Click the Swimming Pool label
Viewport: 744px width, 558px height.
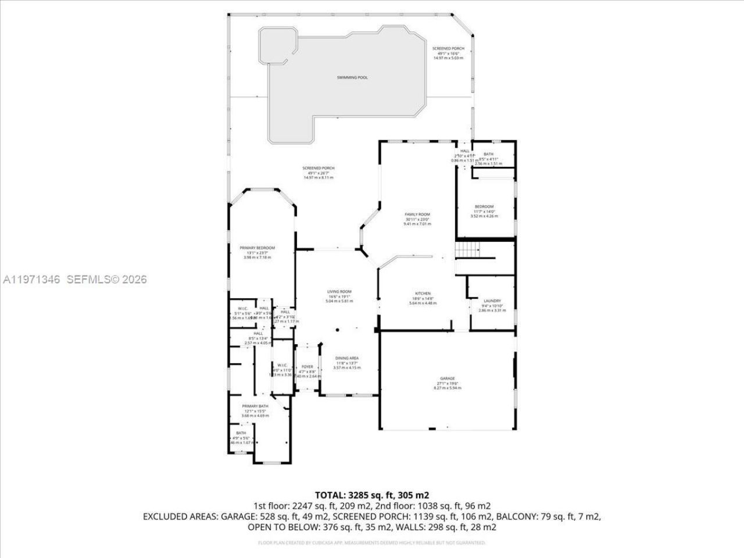(x=352, y=77)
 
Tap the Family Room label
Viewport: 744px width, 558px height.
(x=417, y=214)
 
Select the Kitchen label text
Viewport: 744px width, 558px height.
(x=422, y=294)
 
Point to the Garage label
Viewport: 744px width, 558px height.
(x=447, y=378)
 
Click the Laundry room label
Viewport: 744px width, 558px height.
(x=492, y=301)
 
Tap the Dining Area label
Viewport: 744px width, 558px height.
(x=346, y=358)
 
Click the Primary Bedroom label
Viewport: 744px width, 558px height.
(x=257, y=248)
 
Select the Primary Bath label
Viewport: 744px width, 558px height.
(x=255, y=406)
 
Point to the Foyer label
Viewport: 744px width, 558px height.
(x=307, y=367)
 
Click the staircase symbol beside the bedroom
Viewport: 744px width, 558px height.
(x=467, y=250)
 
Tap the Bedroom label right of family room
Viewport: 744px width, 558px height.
(x=484, y=207)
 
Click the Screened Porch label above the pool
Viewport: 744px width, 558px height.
(x=448, y=49)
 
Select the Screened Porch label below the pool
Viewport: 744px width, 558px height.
(x=319, y=168)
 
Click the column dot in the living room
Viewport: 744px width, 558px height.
(x=337, y=330)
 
